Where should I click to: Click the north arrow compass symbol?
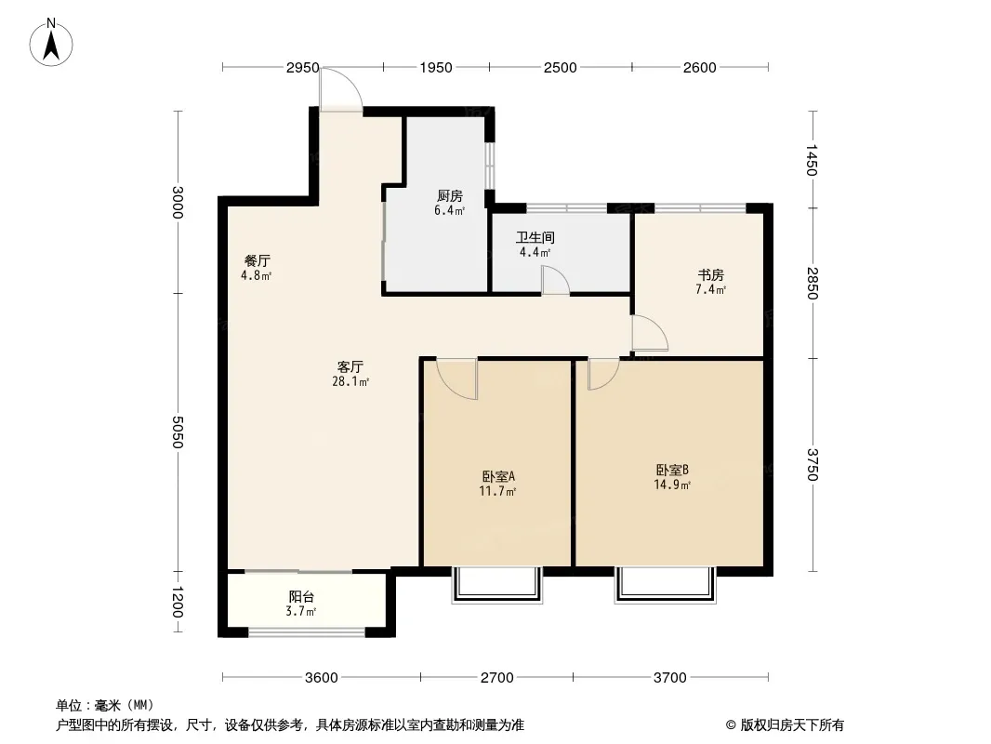point(51,43)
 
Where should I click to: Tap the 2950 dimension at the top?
point(302,68)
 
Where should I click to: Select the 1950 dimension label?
point(436,68)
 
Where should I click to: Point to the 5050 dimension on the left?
point(178,432)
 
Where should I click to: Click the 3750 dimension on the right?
point(813,465)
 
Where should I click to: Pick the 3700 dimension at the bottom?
point(670,678)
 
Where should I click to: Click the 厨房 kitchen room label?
point(449,196)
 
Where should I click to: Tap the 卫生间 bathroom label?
point(535,238)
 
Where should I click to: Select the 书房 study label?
point(711,275)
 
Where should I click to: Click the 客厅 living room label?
point(350,366)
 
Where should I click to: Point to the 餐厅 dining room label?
point(258,260)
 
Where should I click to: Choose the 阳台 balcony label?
point(301,597)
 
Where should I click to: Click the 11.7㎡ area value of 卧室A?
point(498,491)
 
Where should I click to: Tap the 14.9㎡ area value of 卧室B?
point(672,485)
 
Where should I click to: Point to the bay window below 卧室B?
point(666,585)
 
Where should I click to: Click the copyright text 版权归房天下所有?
point(792,725)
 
